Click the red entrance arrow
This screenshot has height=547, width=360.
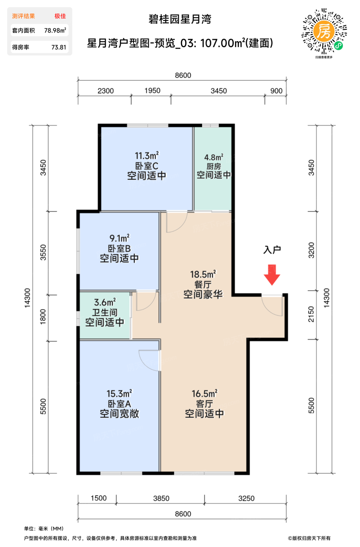[272, 275]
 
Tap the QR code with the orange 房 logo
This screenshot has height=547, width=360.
[324, 31]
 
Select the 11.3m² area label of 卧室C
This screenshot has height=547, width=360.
[147, 156]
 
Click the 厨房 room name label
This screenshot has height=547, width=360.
[214, 166]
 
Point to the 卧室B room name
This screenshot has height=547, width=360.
[120, 248]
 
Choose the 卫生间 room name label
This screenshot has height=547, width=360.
[105, 313]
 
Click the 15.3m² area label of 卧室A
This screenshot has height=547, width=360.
[119, 393]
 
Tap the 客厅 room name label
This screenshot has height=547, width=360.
[204, 404]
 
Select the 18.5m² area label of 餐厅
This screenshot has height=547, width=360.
[203, 274]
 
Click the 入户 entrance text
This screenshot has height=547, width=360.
[272, 250]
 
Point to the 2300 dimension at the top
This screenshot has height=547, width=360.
[106, 91]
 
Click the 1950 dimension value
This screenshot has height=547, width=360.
[152, 91]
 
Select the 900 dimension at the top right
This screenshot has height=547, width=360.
[276, 91]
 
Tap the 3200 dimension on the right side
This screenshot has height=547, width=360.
[311, 250]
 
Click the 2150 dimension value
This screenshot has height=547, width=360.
[311, 314]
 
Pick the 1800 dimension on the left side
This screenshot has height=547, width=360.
[43, 317]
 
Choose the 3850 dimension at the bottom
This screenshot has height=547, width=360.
[161, 498]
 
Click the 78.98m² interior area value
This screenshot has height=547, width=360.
[55, 30]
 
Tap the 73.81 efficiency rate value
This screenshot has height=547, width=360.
[59, 47]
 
